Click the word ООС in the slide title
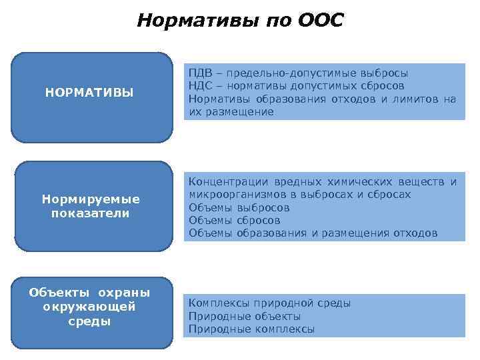click(x=320, y=20)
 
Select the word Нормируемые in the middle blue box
click(x=91, y=199)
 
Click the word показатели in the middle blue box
click(x=91, y=213)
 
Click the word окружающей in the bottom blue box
click(x=89, y=307)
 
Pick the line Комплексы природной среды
click(x=269, y=303)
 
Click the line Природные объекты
click(x=245, y=316)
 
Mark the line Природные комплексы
click(x=251, y=329)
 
